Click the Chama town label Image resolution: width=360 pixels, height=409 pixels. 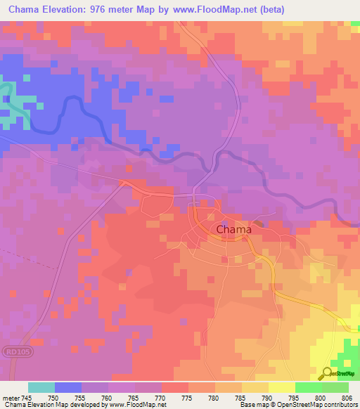click(x=233, y=229)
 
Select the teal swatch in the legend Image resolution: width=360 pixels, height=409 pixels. click(x=41, y=387)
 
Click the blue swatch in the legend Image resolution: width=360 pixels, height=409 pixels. click(x=68, y=387)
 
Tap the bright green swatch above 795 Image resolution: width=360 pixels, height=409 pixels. click(x=308, y=387)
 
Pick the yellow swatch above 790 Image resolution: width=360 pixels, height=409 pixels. click(x=281, y=387)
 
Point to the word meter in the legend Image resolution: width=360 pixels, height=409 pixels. click(x=11, y=397)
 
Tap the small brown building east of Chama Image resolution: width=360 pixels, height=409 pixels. click(x=258, y=224)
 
